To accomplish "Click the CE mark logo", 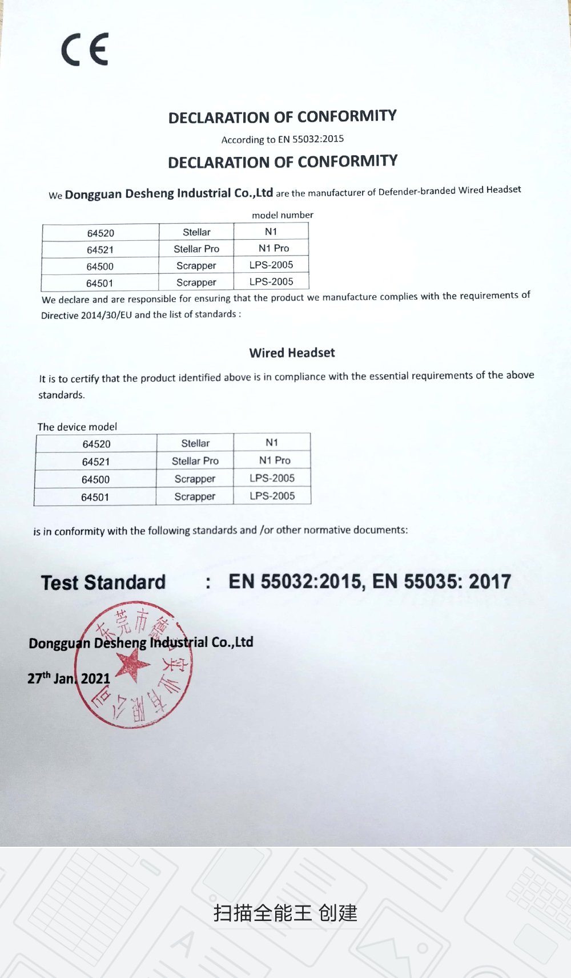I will coord(85,50).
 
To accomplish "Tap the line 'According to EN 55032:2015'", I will coord(283,139).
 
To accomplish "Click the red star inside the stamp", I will coord(132,665).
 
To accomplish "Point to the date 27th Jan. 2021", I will coord(69,678).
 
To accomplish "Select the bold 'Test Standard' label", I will coord(103,583).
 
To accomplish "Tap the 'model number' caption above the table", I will coord(283,215).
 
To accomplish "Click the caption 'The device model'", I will coord(77,427).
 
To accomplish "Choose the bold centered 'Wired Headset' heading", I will coord(292,353).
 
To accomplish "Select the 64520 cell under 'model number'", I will coord(100,233).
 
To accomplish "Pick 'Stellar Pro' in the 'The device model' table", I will coord(195,461).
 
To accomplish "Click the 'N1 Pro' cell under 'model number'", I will coord(274,248).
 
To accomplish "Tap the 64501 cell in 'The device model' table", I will coord(95,498).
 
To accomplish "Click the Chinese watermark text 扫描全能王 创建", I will coord(285,913).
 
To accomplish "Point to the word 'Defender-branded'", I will coord(417,191).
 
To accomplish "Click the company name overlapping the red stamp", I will coord(141,643).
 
